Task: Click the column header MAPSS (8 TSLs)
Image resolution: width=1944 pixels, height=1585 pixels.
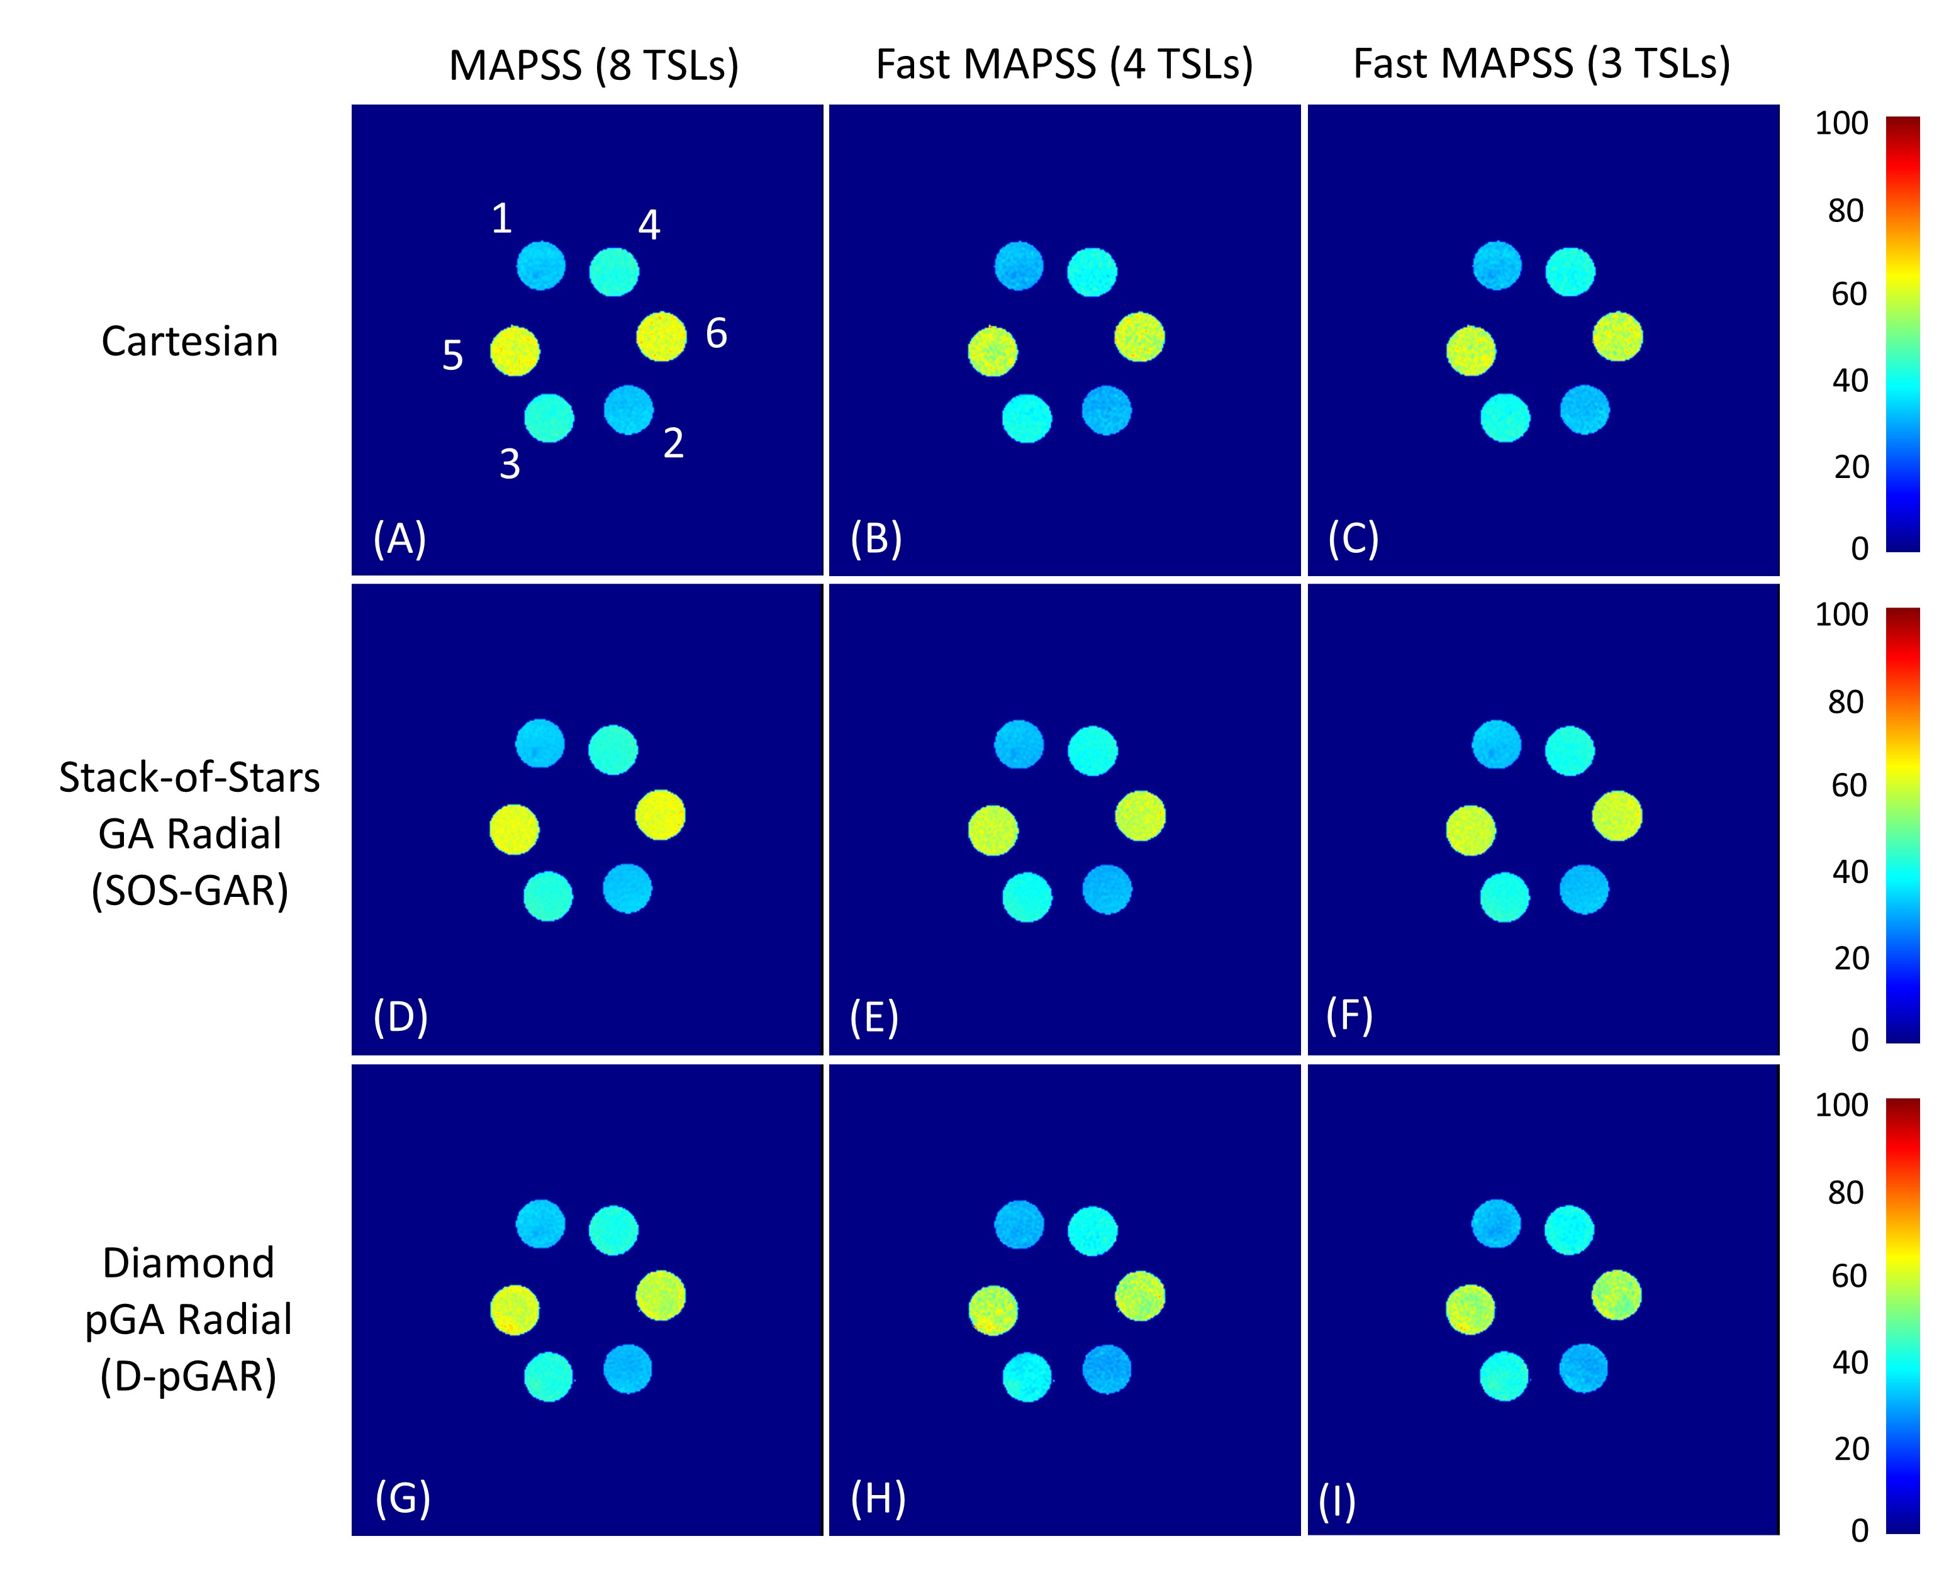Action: (593, 66)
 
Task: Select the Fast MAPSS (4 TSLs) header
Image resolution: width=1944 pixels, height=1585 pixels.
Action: (1064, 65)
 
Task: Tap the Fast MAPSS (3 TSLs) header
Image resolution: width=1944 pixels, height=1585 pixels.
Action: (1541, 65)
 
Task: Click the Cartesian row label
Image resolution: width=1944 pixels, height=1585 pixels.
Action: (190, 342)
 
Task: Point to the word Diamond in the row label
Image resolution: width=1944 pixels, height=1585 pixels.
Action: (188, 1264)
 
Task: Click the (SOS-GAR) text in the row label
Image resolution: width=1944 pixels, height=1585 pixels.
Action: (190, 890)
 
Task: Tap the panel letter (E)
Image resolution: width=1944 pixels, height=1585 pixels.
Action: (874, 1017)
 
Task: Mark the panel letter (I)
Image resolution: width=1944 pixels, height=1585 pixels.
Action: (1337, 1502)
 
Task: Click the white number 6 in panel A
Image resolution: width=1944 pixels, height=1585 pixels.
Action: (717, 333)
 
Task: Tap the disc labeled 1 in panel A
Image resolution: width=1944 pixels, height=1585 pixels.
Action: (540, 265)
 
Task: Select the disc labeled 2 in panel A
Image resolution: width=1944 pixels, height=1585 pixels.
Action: (628, 410)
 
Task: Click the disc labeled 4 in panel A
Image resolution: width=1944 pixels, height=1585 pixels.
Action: (613, 271)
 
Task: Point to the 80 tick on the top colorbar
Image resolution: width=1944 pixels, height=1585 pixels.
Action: (1845, 211)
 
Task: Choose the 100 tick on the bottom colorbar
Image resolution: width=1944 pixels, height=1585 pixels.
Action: (1841, 1104)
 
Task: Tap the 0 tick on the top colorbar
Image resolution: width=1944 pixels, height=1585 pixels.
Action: (1859, 548)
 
